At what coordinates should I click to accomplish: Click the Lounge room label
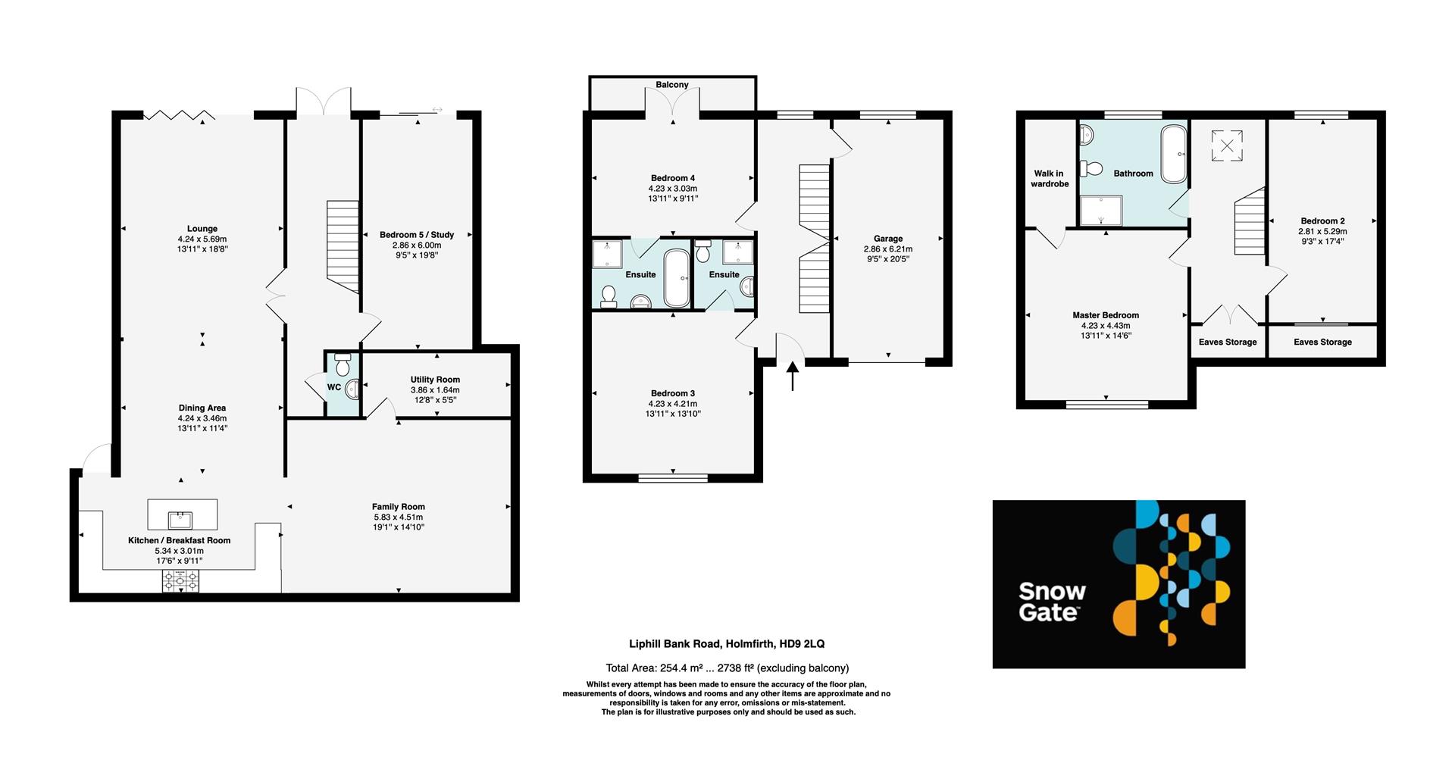202,229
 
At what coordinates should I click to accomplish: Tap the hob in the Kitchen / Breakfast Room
181,582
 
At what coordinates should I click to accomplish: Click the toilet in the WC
343,366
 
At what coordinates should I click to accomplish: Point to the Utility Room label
435,380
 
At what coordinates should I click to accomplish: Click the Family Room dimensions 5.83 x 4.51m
398,517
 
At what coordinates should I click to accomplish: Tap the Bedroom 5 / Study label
417,235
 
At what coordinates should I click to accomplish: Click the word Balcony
672,85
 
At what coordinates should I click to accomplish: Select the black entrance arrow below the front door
793,376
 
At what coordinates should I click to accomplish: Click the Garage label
888,239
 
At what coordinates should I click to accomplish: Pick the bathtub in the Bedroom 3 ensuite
676,278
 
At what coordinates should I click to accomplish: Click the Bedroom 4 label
672,178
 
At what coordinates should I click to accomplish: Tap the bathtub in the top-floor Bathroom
1175,155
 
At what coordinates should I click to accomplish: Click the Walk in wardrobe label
1050,179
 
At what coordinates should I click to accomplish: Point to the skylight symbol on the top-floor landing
1227,145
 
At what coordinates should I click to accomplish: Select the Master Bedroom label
1106,315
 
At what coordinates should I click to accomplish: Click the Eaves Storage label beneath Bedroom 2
1322,342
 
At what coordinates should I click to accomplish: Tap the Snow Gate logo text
1052,602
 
